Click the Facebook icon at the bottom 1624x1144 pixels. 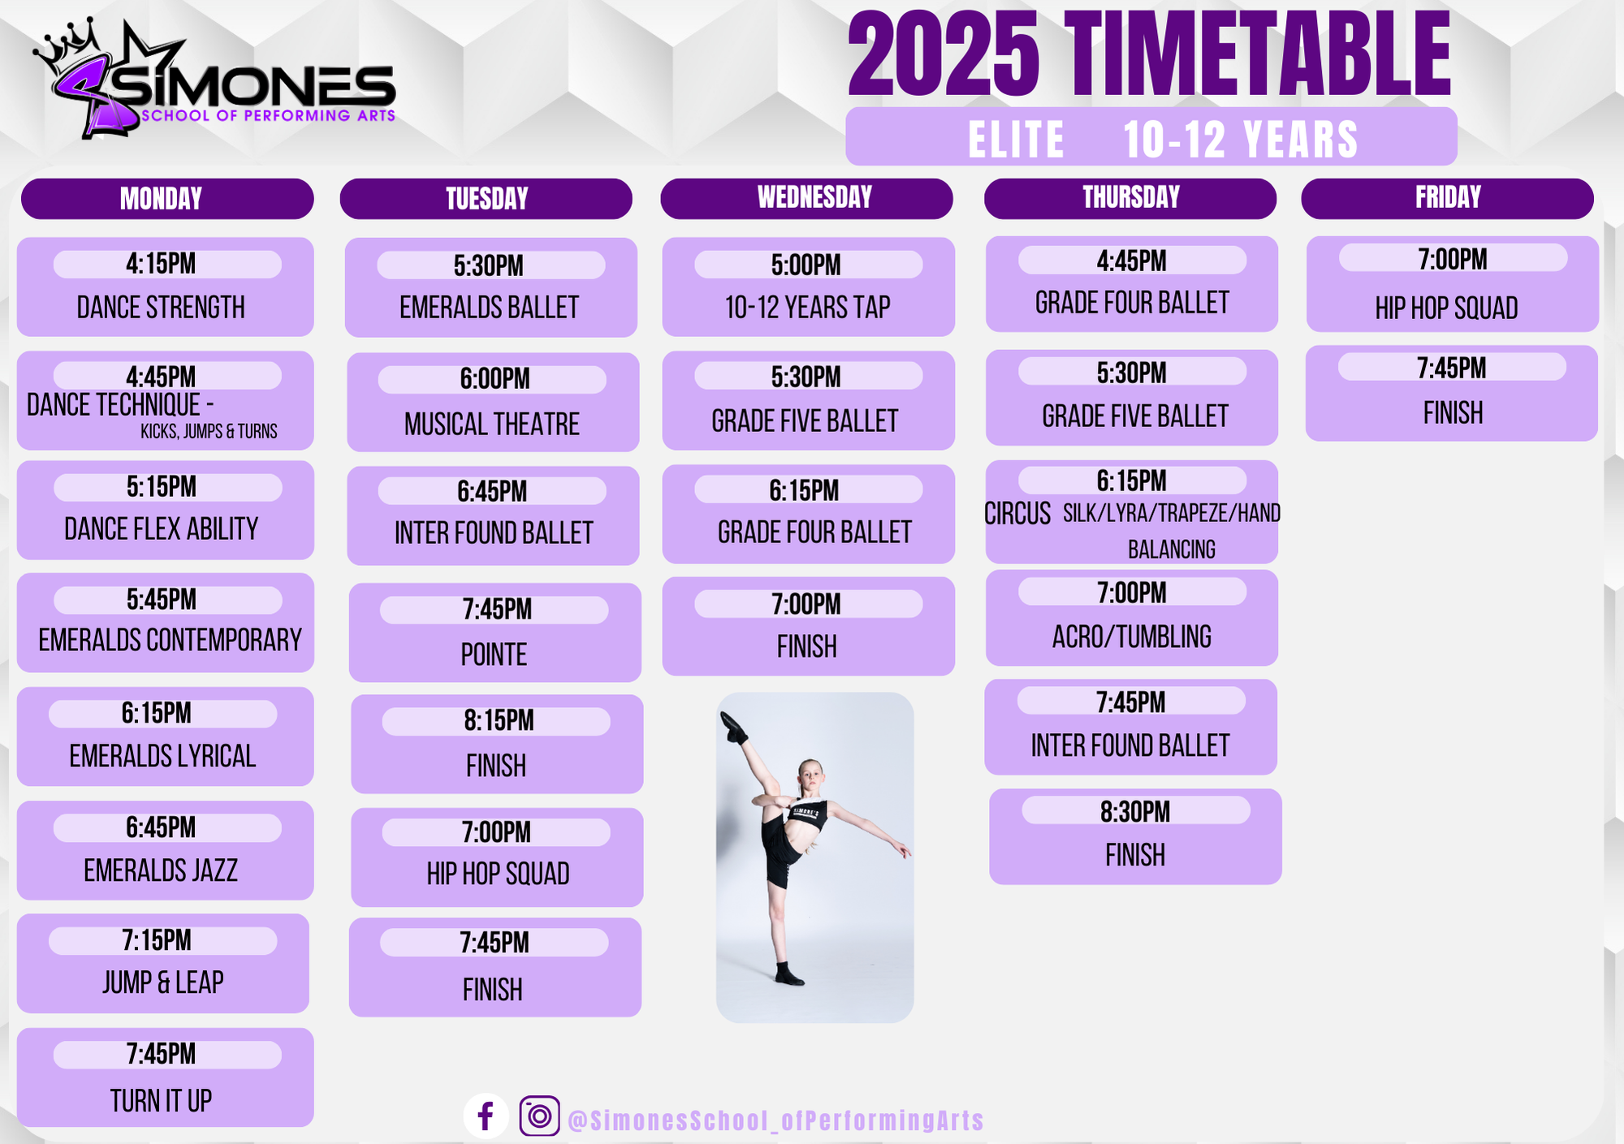pos(486,1116)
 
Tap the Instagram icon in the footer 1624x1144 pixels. pos(539,1116)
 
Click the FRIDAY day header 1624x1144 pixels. pos(1447,198)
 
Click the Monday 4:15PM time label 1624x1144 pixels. pos(161,264)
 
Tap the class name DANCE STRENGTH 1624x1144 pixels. pos(161,308)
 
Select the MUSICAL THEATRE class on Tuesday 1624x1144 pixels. pos(492,424)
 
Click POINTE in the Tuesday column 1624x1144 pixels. pos(494,654)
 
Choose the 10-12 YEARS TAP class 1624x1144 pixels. pos(808,308)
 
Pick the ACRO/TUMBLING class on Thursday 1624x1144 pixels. pos(1132,637)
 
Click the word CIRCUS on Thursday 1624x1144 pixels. pos(1017,514)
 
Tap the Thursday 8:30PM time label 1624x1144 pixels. pos(1135,812)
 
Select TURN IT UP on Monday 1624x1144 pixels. pos(161,1102)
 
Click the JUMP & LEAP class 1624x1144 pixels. pos(163,982)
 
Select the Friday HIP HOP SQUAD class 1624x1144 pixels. pos(1446,309)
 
